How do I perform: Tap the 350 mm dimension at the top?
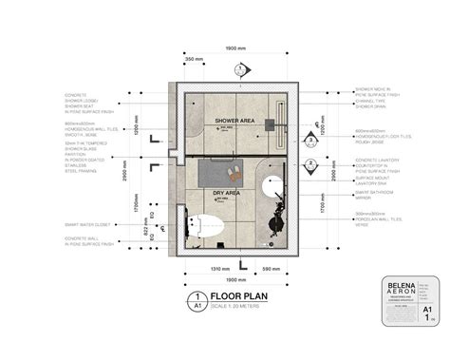[x=194, y=59]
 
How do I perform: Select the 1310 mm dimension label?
[x=221, y=269]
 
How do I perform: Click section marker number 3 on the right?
[x=310, y=140]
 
